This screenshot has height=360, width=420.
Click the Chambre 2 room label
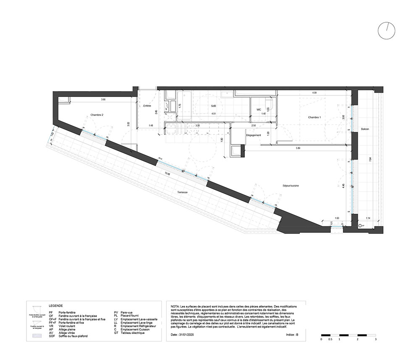pyautogui.click(x=97, y=115)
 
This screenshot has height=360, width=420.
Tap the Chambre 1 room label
pyautogui.click(x=314, y=117)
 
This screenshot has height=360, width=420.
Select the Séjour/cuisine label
pyautogui.click(x=290, y=185)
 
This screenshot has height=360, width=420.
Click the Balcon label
pyautogui.click(x=365, y=129)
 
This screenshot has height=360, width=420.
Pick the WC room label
pyautogui.click(x=259, y=110)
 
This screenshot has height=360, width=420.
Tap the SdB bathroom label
pyautogui.click(x=213, y=106)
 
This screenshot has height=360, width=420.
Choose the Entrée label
pyautogui.click(x=147, y=106)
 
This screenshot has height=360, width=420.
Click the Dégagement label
pyautogui.click(x=254, y=135)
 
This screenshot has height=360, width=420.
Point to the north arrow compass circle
pyautogui.click(x=386, y=31)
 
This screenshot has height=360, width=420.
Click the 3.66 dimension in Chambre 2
pyautogui.click(x=103, y=99)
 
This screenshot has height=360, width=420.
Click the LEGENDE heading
pyautogui.click(x=55, y=306)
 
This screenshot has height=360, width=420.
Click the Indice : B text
pyautogui.click(x=291, y=335)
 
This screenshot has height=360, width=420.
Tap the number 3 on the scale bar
pyautogui.click(x=375, y=339)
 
